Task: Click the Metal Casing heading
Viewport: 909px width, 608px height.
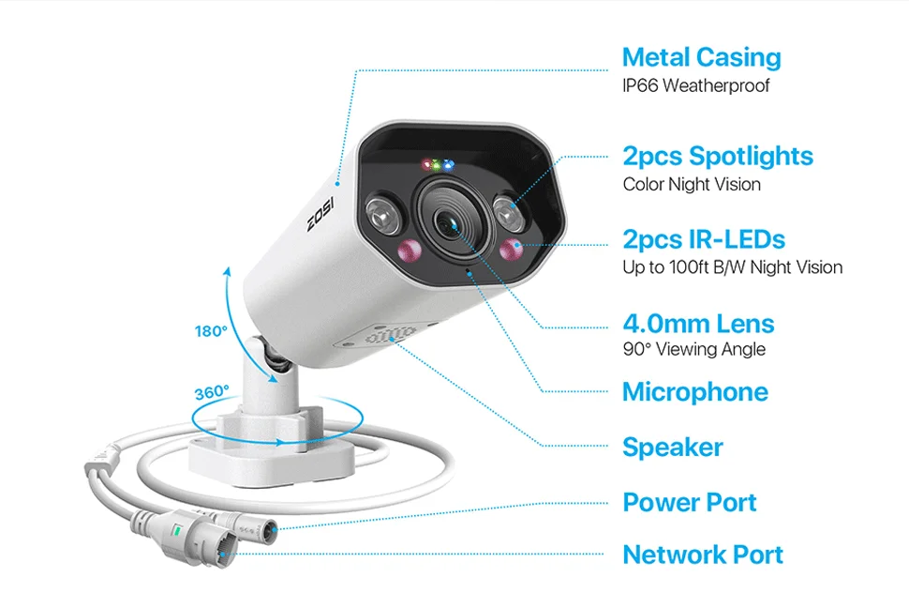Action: click(701, 58)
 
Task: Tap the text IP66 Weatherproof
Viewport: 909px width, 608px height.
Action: click(696, 86)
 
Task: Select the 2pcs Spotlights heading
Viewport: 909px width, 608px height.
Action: click(718, 156)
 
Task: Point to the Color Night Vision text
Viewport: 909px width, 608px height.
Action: click(692, 184)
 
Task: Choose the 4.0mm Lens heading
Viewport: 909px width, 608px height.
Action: click(698, 325)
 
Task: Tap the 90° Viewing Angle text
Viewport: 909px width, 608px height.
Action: click(693, 350)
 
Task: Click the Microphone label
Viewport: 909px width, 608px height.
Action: click(694, 392)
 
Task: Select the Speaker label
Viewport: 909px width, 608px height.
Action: click(672, 448)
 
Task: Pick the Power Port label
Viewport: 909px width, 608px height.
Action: click(689, 502)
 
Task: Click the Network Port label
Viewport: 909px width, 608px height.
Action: click(703, 555)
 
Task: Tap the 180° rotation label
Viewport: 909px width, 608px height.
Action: click(211, 331)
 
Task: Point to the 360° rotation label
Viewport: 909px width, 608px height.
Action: click(212, 392)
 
